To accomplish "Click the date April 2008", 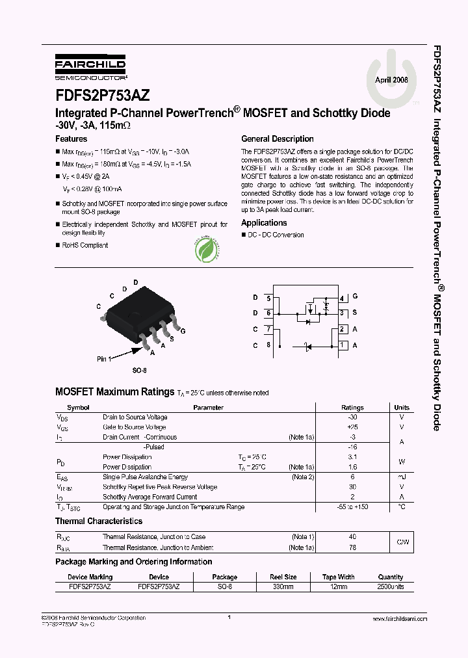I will [x=391, y=79].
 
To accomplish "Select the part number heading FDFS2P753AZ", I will [x=102, y=95].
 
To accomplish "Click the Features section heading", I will [x=71, y=138].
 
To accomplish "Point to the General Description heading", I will [x=277, y=138].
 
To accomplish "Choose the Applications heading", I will [x=264, y=223].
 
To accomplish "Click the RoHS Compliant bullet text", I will [x=84, y=245].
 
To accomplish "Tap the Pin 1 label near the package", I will [x=105, y=358].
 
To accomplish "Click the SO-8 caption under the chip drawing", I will [x=139, y=370].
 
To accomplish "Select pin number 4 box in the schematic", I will [x=342, y=298].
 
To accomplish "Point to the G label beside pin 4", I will [x=355, y=297].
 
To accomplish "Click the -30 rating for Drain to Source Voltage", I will [x=352, y=417].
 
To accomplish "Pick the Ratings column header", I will [x=352, y=408].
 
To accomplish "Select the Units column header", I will [x=402, y=408].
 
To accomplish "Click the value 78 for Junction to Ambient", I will [x=352, y=547].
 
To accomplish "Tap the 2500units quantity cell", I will [x=391, y=586].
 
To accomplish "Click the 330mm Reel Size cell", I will [x=283, y=586].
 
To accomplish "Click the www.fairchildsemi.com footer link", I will [x=398, y=619].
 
